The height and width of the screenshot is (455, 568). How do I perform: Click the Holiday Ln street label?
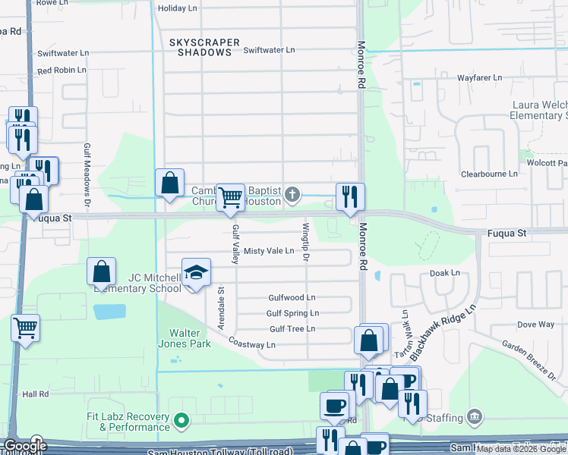point(176,9)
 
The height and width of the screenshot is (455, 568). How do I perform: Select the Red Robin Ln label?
point(62,71)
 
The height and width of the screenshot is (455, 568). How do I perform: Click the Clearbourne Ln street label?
point(489,174)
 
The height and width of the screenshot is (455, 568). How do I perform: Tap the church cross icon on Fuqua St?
point(292,196)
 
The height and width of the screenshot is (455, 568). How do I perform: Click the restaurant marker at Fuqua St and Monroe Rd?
point(350,197)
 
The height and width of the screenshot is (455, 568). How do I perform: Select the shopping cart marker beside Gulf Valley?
point(231,198)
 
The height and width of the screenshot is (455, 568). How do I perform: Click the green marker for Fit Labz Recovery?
point(181,419)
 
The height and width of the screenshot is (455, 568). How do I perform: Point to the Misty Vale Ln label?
point(268,251)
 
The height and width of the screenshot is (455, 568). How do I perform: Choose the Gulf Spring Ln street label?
point(292,313)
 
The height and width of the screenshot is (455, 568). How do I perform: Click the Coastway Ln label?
point(251,345)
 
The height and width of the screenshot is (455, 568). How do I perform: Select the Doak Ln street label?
point(445,272)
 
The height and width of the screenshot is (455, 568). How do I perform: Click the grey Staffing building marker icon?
point(475,416)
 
